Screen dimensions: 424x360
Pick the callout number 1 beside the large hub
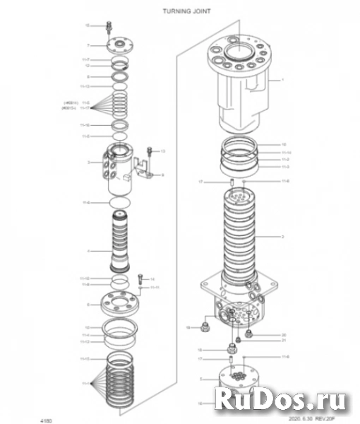coord(282,81)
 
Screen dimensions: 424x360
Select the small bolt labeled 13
coord(149,151)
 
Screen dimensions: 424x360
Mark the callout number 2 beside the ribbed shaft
coord(282,236)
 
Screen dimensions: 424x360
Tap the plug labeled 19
coord(204,328)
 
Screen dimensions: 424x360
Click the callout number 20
coord(283,334)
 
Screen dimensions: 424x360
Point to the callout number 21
coord(283,341)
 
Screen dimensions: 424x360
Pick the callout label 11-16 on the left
coord(85,125)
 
